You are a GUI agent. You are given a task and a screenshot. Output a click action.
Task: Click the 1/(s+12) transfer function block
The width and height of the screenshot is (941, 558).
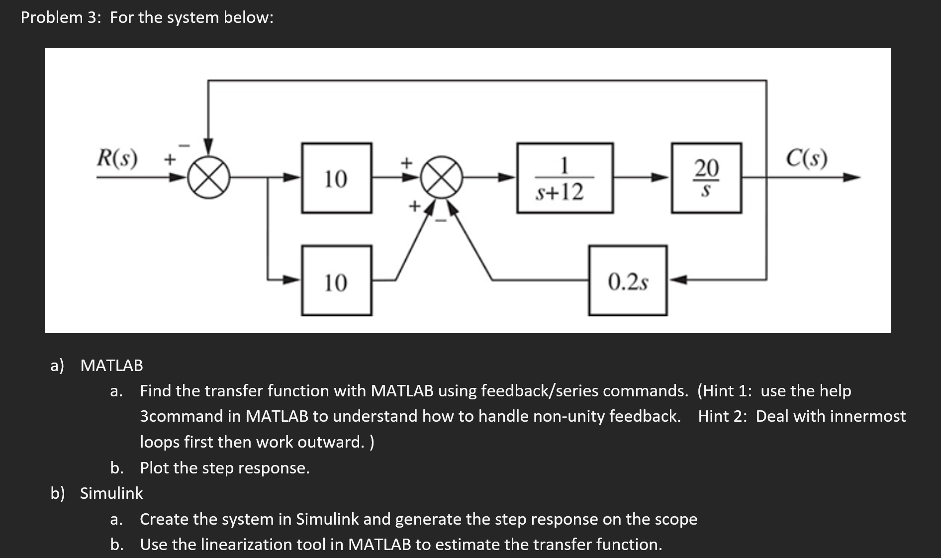click(x=565, y=178)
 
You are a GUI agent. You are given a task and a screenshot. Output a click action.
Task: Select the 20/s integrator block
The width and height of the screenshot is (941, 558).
click(x=706, y=178)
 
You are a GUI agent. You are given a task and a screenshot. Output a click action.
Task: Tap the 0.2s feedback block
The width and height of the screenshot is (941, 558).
click(x=628, y=280)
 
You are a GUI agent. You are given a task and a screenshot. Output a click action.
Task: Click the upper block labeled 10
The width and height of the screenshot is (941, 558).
click(x=336, y=178)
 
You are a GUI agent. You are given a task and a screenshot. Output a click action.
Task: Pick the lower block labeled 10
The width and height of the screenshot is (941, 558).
click(x=336, y=280)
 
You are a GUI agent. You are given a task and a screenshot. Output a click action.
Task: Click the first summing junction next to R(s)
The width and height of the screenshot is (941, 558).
click(x=209, y=178)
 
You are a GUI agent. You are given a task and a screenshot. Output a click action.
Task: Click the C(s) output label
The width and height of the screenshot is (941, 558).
click(x=807, y=158)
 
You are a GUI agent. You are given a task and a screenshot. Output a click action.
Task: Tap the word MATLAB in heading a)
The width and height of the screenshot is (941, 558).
click(x=111, y=365)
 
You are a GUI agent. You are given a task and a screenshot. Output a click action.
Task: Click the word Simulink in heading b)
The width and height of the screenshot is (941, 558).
click(x=111, y=493)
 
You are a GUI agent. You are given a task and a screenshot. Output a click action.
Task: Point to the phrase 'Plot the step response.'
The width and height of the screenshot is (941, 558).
click(x=225, y=467)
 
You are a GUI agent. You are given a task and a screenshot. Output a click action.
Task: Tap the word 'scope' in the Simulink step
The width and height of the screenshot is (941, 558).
click(x=676, y=519)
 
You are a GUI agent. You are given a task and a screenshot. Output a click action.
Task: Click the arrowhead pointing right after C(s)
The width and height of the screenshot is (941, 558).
click(x=851, y=178)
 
